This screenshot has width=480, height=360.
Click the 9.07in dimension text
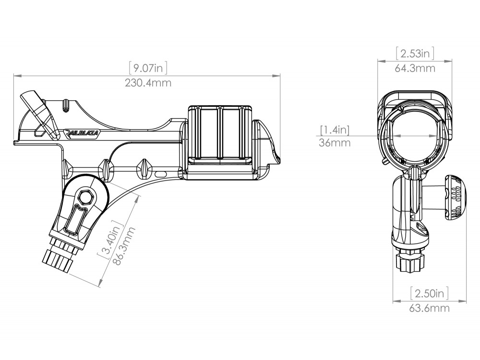pos(148,69)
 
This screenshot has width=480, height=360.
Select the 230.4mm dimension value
pos(148,83)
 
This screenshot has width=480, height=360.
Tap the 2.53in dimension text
pos(415,53)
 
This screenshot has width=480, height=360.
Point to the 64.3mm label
pos(415,68)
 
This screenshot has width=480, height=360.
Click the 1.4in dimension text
pos(335,129)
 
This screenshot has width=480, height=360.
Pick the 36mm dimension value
pos(334,143)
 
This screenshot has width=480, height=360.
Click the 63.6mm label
pos(430,308)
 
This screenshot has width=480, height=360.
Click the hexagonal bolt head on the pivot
pos(86,196)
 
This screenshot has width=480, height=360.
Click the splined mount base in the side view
pos(58,262)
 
